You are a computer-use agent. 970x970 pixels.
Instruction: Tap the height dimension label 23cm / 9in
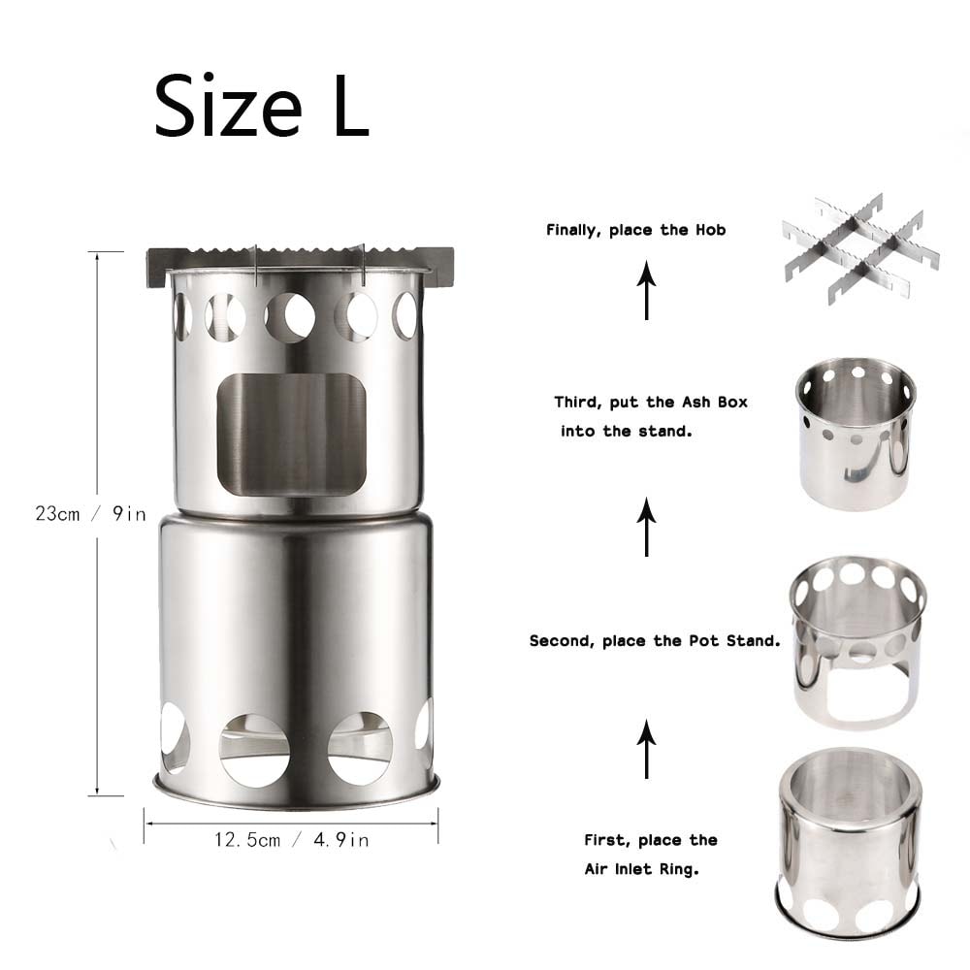(x=90, y=514)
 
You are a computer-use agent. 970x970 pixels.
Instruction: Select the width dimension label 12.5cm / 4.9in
(x=291, y=840)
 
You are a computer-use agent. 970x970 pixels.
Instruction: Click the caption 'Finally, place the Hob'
(x=635, y=231)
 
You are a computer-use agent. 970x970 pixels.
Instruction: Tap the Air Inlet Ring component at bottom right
(x=848, y=844)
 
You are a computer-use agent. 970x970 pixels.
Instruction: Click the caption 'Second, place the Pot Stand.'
(x=655, y=641)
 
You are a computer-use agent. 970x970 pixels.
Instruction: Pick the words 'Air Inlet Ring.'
(x=641, y=869)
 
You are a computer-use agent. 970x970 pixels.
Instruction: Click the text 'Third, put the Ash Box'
(x=651, y=402)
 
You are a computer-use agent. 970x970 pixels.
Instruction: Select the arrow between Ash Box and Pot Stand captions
(x=647, y=527)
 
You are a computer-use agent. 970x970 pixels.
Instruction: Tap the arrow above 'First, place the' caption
(x=647, y=749)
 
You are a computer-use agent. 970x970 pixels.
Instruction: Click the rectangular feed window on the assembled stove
(x=291, y=433)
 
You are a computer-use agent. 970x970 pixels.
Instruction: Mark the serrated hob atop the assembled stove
(x=299, y=260)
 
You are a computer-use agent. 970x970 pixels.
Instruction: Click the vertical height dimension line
(x=97, y=388)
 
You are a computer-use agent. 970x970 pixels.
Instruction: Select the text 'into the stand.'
(x=626, y=431)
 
